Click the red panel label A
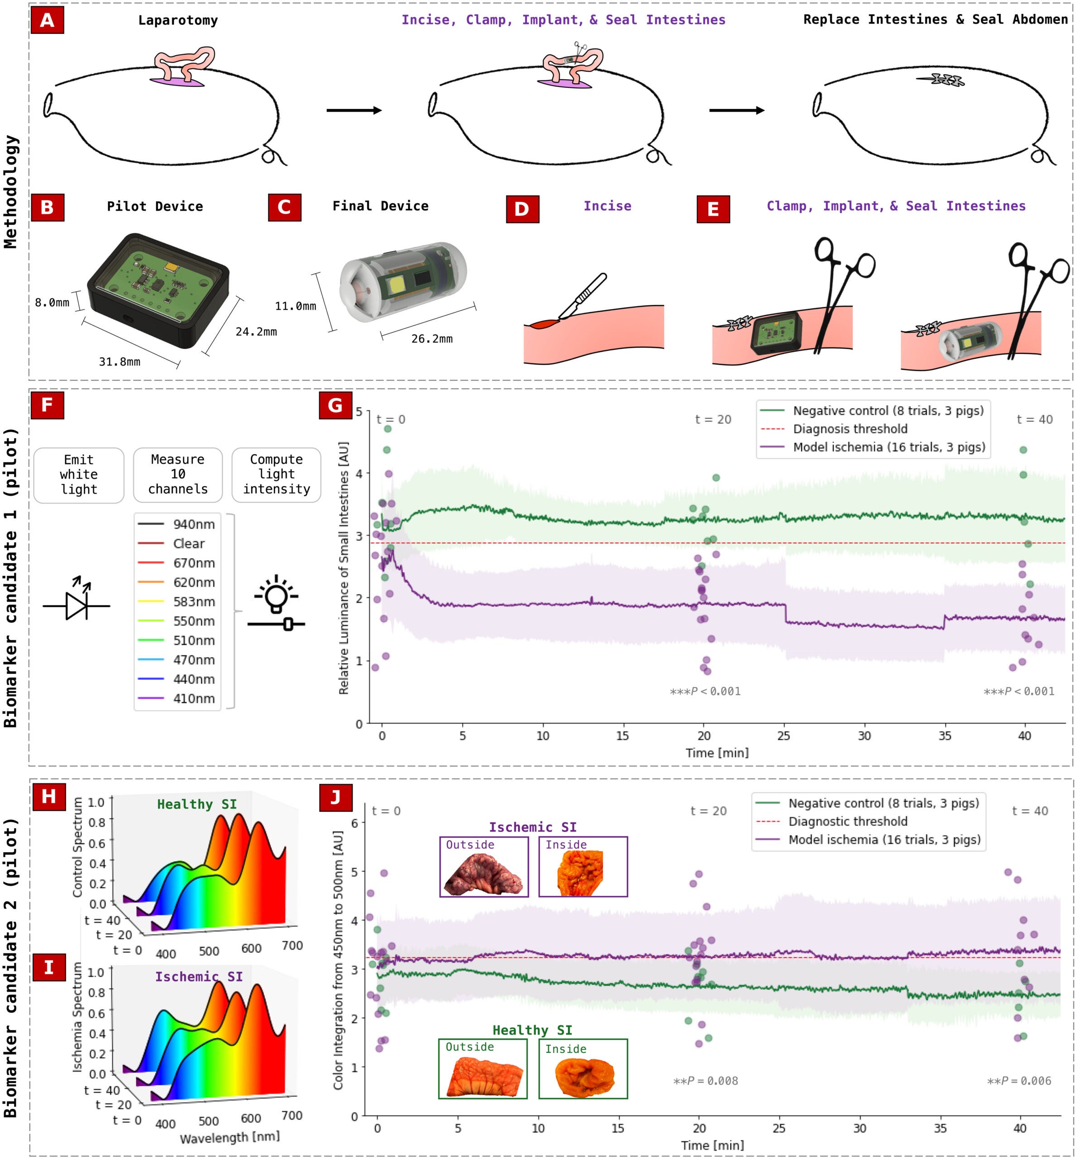coord(47,20)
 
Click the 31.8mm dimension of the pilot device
coord(119,362)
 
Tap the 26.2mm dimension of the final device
coord(431,338)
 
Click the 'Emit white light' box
coord(79,474)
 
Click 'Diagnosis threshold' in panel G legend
coord(849,429)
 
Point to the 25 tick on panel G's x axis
coord(784,736)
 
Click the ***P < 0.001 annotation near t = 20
coord(705,692)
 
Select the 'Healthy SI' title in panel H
coord(197,804)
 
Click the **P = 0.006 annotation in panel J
coord(1018,1081)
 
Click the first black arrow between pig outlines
coord(354,110)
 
